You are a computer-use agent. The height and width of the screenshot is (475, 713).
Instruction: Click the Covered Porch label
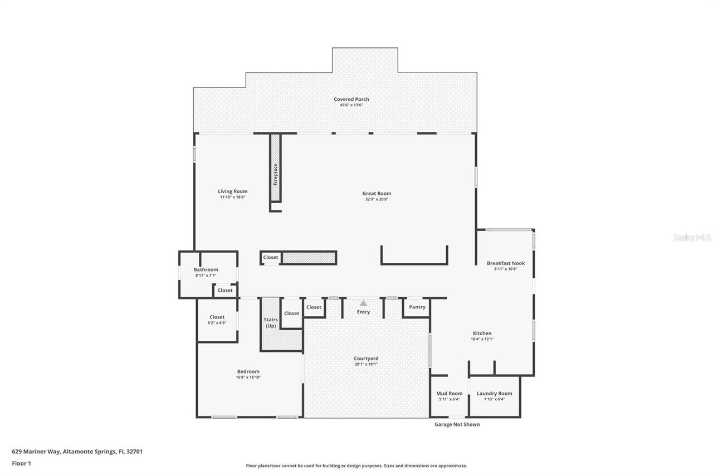[351, 99]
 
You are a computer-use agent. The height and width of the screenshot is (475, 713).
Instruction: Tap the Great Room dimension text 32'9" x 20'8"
[377, 199]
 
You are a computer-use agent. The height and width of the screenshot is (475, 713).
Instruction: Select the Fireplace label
[275, 174]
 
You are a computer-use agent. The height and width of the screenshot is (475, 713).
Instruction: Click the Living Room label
[232, 192]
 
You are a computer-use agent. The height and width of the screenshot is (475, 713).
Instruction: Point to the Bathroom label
[206, 270]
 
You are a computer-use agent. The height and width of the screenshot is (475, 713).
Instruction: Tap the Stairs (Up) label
[271, 322]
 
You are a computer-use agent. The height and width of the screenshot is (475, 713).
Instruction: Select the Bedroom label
[248, 371]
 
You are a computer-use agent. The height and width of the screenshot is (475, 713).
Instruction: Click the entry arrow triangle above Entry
[363, 303]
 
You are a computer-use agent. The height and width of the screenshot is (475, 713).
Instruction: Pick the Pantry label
[417, 307]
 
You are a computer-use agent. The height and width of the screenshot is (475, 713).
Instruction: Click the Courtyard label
[366, 359]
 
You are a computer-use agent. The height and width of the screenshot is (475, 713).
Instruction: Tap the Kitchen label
[482, 333]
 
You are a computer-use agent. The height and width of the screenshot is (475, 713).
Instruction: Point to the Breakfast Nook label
[505, 263]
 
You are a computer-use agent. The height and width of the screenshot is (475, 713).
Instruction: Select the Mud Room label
[449, 393]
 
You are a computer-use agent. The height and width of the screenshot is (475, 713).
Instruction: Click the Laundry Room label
[494, 393]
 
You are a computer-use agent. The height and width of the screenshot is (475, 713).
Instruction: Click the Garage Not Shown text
[457, 424]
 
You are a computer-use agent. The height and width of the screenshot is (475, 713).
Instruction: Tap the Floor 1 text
[21, 463]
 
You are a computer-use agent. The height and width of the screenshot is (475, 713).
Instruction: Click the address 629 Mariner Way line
[77, 452]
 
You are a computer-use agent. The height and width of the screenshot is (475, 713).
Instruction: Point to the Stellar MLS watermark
[692, 237]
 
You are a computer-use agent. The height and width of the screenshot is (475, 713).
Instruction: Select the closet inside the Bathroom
[225, 290]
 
